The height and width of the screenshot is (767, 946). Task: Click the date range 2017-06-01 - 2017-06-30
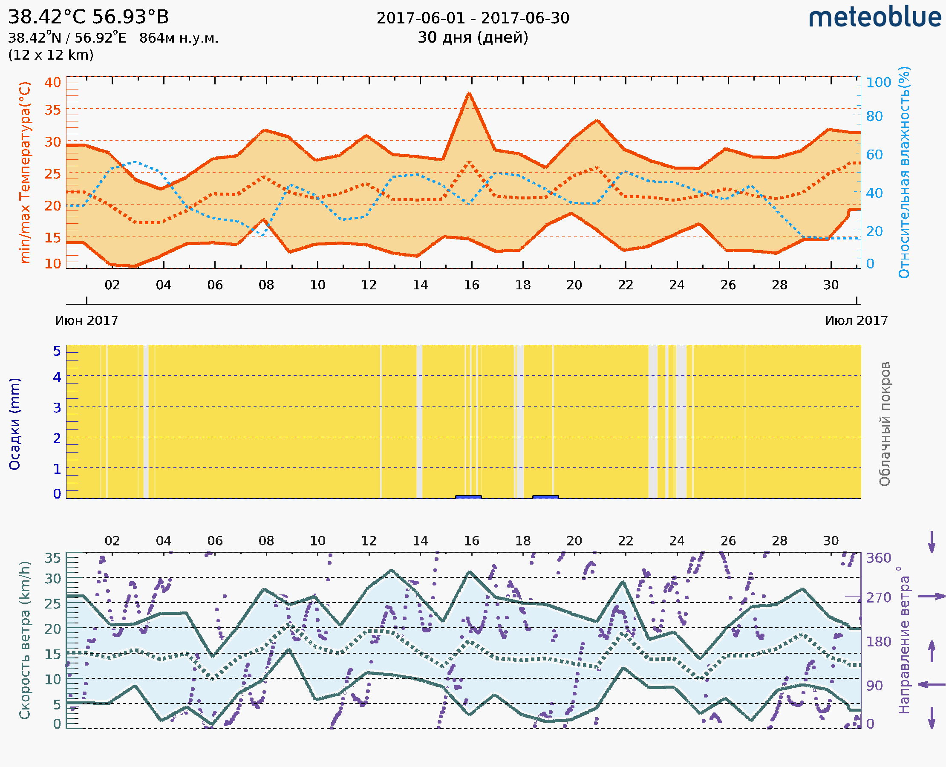(473, 18)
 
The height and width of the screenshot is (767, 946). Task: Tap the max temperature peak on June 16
(469, 93)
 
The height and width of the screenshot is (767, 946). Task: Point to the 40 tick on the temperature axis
(52, 83)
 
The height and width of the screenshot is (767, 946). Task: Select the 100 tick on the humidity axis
(878, 83)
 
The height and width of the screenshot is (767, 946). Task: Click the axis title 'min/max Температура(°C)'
(25, 172)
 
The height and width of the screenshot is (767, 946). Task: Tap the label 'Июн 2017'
(86, 321)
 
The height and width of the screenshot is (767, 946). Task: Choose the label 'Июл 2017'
(857, 321)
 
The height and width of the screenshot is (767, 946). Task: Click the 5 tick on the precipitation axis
(57, 351)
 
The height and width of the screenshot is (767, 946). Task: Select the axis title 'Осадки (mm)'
(14, 424)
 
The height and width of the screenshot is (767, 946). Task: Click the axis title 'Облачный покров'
(885, 424)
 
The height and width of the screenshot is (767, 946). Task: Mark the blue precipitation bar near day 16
(468, 497)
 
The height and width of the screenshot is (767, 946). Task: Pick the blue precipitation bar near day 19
(545, 497)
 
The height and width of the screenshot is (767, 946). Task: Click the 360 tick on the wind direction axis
(878, 558)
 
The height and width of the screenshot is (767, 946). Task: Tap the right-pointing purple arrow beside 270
(932, 597)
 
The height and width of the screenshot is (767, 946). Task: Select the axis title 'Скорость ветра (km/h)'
(25, 640)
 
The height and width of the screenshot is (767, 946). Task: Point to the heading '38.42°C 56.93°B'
(88, 17)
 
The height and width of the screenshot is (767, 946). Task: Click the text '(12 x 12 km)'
(51, 55)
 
